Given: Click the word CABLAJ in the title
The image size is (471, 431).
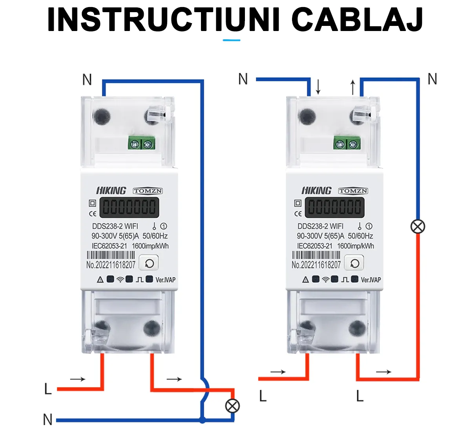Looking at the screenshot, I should pyautogui.click(x=357, y=20).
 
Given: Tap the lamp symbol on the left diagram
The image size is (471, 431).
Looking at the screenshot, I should pyautogui.click(x=232, y=405).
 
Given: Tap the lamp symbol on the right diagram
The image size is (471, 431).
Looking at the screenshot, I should pyautogui.click(x=418, y=226).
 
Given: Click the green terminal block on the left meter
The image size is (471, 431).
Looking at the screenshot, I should pyautogui.click(x=142, y=144).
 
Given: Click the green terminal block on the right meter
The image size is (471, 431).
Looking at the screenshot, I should pyautogui.click(x=347, y=144).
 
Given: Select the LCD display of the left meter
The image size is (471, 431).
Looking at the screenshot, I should pyautogui.click(x=129, y=207).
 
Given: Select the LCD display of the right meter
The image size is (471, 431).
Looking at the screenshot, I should pyautogui.click(x=334, y=207).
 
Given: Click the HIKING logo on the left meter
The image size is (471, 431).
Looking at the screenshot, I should pyautogui.click(x=111, y=191).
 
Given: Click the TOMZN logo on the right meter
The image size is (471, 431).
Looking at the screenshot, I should pyautogui.click(x=353, y=191).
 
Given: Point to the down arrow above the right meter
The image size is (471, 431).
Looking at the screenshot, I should pyautogui.click(x=318, y=87).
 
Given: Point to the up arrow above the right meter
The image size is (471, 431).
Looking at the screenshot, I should pyautogui.click(x=352, y=87).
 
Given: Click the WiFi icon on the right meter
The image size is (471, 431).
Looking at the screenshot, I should pyautogui.click(x=325, y=279).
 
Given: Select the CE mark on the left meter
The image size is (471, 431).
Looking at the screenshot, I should pyautogui.click(x=93, y=214).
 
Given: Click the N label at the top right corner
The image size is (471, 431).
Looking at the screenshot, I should pyautogui.click(x=432, y=79).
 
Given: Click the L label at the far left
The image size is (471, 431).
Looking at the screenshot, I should pyautogui.click(x=48, y=389).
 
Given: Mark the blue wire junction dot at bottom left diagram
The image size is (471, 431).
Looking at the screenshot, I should pyautogui.click(x=202, y=420).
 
